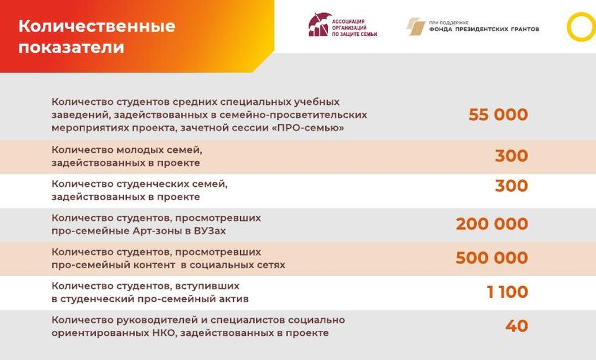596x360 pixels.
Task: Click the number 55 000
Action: coord(498,114)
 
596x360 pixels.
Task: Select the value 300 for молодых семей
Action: coord(511,155)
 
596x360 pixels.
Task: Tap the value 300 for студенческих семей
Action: coord(511,186)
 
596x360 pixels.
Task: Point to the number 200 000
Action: coord(492,223)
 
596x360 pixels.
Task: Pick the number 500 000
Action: coord(492,258)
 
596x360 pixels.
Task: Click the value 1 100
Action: coord(507,292)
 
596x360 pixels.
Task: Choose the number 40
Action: coord(517,326)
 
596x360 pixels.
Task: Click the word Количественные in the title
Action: coord(97,26)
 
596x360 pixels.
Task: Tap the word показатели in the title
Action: coord(71,48)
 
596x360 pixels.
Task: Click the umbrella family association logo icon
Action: coord(318,25)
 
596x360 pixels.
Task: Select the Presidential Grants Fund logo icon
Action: coord(415,27)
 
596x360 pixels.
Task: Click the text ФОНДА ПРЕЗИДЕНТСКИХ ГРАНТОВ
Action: coord(484,29)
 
